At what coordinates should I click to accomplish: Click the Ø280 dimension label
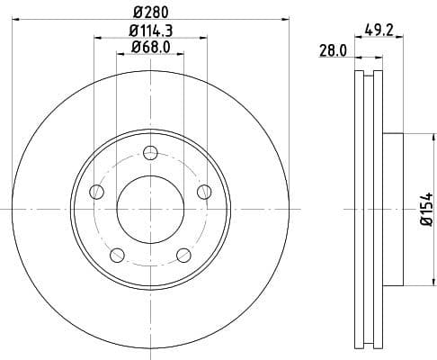[150, 10]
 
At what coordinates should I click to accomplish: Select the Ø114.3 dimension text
[150, 31]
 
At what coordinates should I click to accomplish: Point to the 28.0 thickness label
[332, 51]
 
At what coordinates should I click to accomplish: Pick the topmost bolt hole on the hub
[150, 151]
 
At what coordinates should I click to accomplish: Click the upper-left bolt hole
[96, 190]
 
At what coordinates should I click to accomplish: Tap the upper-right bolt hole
[204, 190]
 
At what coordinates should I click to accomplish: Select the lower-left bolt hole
[117, 254]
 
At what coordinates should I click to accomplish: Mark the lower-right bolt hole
[183, 254]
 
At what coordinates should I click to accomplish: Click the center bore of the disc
[150, 209]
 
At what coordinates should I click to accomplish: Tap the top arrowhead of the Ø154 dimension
[416, 137]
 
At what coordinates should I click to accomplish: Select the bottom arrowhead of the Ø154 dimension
[416, 281]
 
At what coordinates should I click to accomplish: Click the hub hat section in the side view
[397, 209]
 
